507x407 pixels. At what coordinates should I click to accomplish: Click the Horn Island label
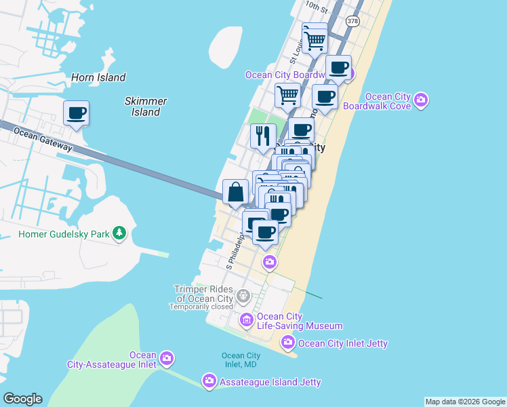pyautogui.click(x=98, y=77)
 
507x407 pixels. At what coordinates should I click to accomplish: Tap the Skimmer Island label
pyautogui.click(x=146, y=106)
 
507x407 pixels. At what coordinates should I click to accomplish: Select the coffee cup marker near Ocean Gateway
pyautogui.click(x=77, y=113)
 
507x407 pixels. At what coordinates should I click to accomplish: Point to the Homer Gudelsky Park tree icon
pyautogui.click(x=119, y=234)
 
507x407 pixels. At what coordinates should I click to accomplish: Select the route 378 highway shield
pyautogui.click(x=352, y=22)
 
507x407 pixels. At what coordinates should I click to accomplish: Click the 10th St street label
pyautogui.click(x=316, y=7)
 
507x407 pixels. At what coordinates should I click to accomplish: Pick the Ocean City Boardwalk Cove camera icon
pyautogui.click(x=421, y=100)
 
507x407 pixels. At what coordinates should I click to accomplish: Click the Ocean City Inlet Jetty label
pyautogui.click(x=343, y=343)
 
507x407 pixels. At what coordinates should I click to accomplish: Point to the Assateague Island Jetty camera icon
pyautogui.click(x=209, y=381)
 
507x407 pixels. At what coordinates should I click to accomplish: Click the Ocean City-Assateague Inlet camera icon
pyautogui.click(x=167, y=358)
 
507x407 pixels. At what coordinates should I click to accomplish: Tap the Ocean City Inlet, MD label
pyautogui.click(x=241, y=360)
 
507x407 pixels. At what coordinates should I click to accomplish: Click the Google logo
pyautogui.click(x=22, y=399)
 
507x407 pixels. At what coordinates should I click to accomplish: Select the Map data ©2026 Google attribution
pyautogui.click(x=465, y=402)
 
